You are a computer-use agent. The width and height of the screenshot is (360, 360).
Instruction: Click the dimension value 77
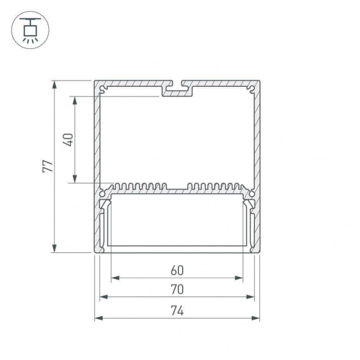[x=46, y=166]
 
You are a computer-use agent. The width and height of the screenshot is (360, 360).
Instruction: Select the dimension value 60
[x=177, y=270]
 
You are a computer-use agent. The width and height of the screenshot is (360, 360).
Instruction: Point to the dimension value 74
[x=177, y=310]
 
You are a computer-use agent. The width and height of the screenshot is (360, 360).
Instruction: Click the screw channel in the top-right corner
[x=251, y=90]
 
